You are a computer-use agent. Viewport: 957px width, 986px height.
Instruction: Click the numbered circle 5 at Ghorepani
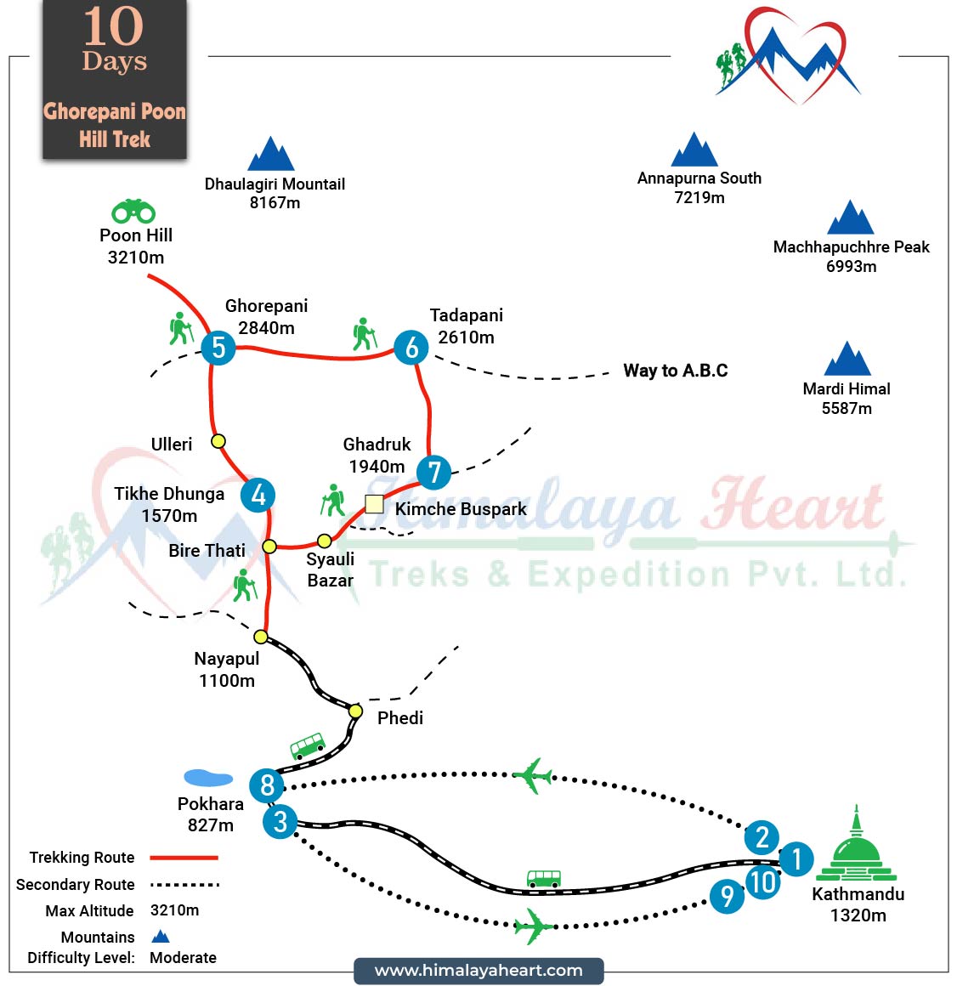point(218,347)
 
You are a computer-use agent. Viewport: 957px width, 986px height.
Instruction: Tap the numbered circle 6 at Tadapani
point(411,347)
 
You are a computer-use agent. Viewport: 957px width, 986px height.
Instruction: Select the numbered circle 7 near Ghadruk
point(433,472)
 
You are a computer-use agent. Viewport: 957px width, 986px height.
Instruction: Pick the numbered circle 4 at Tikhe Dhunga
point(258,495)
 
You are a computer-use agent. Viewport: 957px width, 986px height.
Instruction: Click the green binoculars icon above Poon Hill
point(133,211)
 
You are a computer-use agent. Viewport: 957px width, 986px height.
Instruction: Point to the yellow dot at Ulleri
point(218,441)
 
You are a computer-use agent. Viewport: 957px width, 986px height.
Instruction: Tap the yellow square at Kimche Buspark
point(374,504)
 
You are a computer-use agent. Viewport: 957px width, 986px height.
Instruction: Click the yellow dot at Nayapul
point(261,637)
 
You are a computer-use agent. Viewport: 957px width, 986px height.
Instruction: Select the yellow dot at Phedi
point(355,711)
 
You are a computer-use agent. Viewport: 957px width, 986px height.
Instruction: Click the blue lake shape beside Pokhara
point(208,778)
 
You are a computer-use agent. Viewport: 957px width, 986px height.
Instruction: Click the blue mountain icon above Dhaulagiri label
point(271,155)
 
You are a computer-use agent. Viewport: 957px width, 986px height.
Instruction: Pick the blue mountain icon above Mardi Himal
point(847,360)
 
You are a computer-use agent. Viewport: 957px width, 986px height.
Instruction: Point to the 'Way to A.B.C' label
point(675,371)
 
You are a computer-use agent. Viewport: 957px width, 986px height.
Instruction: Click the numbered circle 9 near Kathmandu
point(727,895)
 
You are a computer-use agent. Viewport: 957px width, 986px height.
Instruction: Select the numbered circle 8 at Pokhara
point(267,785)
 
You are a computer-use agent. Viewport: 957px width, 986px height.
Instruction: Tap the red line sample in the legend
point(184,858)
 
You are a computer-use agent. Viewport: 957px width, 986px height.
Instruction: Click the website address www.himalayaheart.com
point(478,971)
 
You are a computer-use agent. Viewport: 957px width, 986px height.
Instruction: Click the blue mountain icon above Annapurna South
point(694,150)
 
